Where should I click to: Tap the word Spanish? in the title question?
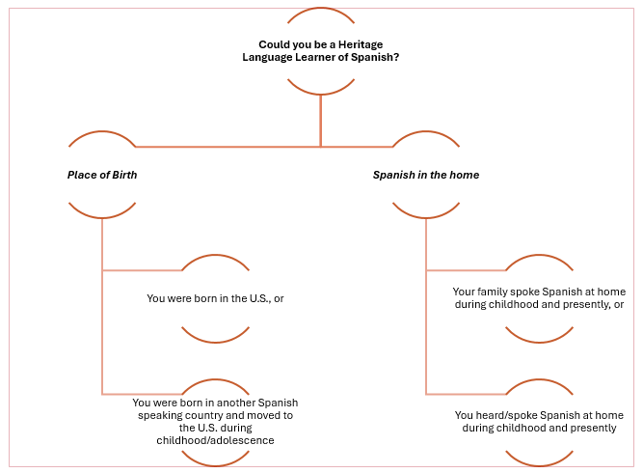tap(377, 58)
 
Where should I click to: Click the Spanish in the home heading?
tap(426, 175)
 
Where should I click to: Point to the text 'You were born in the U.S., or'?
tap(215, 298)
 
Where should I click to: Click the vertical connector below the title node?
tap(321, 121)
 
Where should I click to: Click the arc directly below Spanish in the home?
tap(425, 213)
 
